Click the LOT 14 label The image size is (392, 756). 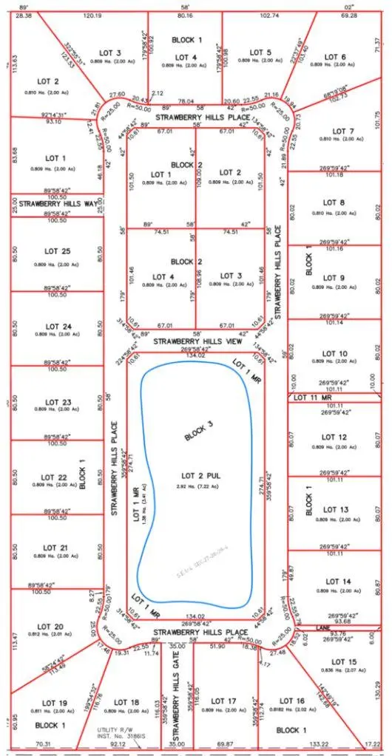click(x=335, y=582)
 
